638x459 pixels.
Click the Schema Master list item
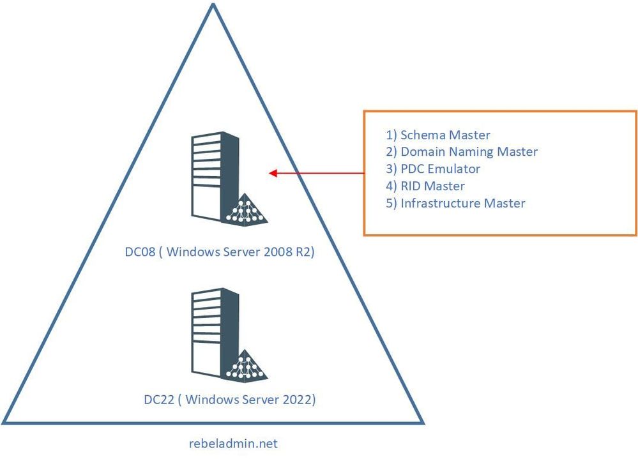coord(438,135)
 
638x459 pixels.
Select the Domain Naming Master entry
coord(461,152)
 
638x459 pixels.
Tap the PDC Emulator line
coord(433,169)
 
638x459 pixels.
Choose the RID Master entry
coord(425,186)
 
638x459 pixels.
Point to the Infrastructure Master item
coord(455,203)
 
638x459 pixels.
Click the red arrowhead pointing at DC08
coord(273,173)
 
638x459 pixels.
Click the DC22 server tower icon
coord(215,333)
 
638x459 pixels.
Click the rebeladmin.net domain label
coord(233,443)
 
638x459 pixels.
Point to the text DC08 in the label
coord(140,252)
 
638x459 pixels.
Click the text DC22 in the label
coord(159,399)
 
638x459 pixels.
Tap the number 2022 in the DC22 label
coord(296,399)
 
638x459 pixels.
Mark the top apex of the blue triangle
coord(213,4)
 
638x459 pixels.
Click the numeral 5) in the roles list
coord(391,203)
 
